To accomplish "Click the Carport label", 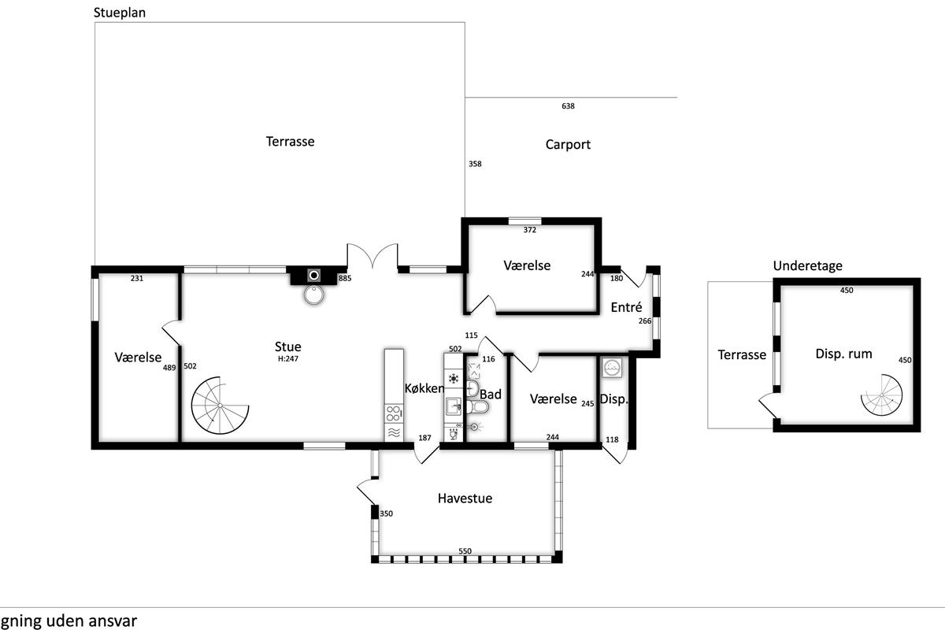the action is [568, 145].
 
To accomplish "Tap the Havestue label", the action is [465, 498].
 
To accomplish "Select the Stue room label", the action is [287, 346].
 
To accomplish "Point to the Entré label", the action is [626, 307].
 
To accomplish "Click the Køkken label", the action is [424, 388].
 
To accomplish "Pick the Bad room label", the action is [491, 394].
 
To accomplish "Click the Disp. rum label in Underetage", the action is [843, 354].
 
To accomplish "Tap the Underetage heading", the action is [807, 266].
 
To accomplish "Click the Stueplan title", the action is [120, 13].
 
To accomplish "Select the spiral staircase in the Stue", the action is [220, 406].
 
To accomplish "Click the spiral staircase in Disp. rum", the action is [882, 395].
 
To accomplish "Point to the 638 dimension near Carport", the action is [568, 106].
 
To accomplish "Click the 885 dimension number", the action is [345, 278].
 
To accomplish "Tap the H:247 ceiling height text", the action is [287, 359].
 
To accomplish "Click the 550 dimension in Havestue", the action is [465, 551].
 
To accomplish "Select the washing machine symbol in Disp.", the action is [612, 368].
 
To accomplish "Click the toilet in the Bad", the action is [477, 407].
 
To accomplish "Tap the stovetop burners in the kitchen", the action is [393, 413].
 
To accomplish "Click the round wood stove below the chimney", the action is [314, 295].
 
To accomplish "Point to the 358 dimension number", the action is [475, 164].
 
